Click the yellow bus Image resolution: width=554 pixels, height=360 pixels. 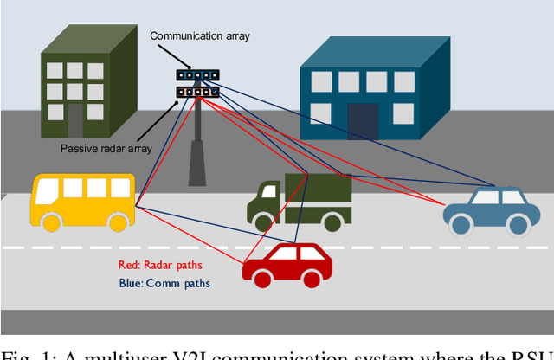coord(83,202)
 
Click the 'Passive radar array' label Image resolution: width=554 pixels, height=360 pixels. coord(106,148)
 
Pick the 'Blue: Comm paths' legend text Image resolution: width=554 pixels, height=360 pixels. coord(164,283)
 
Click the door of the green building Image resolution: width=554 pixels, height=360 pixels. coord(75,120)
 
